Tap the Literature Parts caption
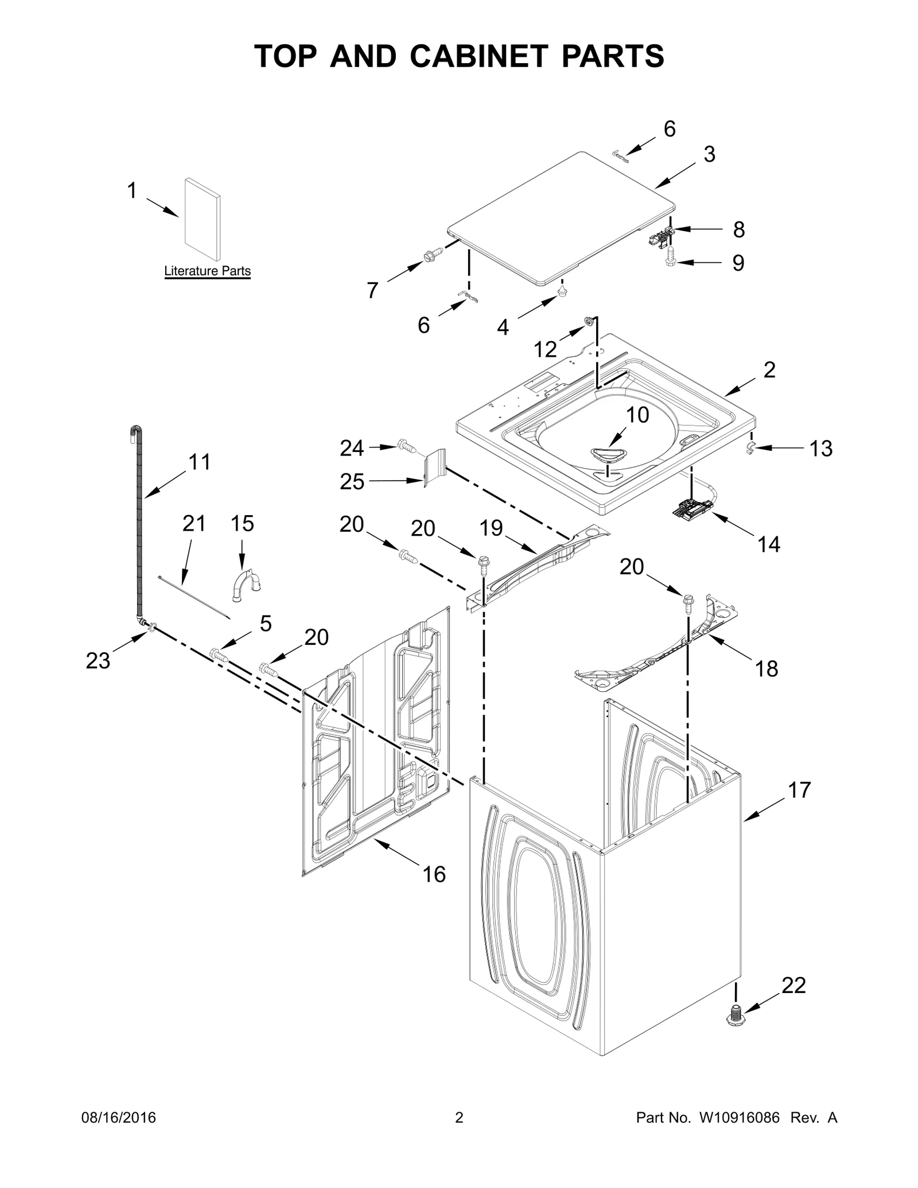[207, 271]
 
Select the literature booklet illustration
[203, 219]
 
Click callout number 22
[793, 986]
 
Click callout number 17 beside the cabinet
[799, 790]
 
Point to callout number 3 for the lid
[709, 154]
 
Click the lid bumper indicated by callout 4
[562, 291]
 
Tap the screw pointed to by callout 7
[433, 254]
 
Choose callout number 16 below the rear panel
[434, 874]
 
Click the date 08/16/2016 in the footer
[117, 1118]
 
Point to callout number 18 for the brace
[767, 668]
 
